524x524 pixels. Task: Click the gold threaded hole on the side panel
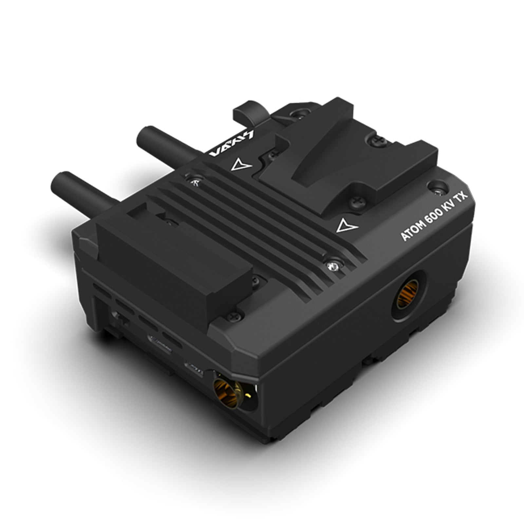(408, 290)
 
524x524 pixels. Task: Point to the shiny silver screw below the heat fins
(333, 266)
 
